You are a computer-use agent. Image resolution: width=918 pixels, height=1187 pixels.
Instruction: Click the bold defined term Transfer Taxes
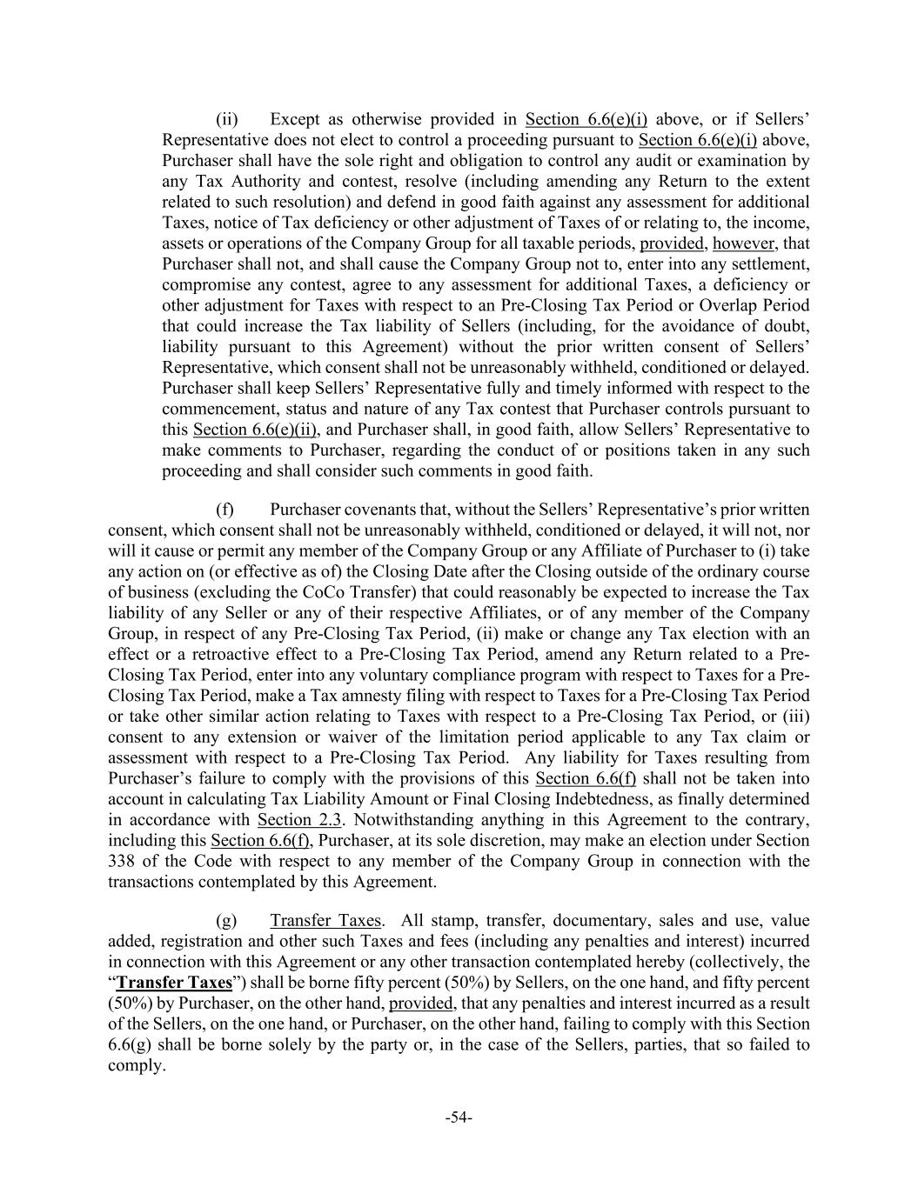coord(174,984)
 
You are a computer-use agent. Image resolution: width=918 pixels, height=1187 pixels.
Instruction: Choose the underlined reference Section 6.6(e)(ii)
coord(254,430)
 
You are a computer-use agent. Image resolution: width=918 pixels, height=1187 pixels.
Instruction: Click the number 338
coord(122,862)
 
